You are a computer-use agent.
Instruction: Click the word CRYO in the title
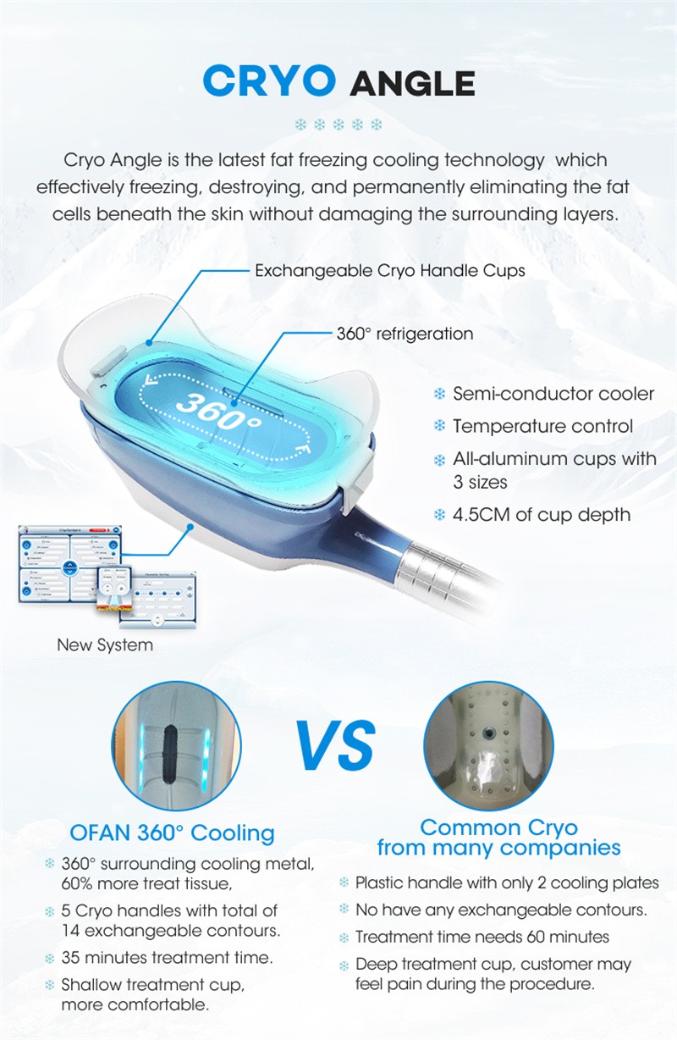269,80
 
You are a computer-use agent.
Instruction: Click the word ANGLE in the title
413,83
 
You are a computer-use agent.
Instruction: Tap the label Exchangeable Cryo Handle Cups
390,271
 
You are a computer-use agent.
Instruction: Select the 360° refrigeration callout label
405,334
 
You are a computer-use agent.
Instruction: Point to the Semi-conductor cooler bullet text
553,394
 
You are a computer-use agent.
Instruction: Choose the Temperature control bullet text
542,426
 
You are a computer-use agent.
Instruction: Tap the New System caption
105,644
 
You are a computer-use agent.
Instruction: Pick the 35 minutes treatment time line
167,958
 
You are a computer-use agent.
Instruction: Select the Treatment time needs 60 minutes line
482,937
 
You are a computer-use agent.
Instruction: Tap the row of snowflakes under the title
338,124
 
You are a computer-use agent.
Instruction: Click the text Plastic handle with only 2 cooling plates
507,882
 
